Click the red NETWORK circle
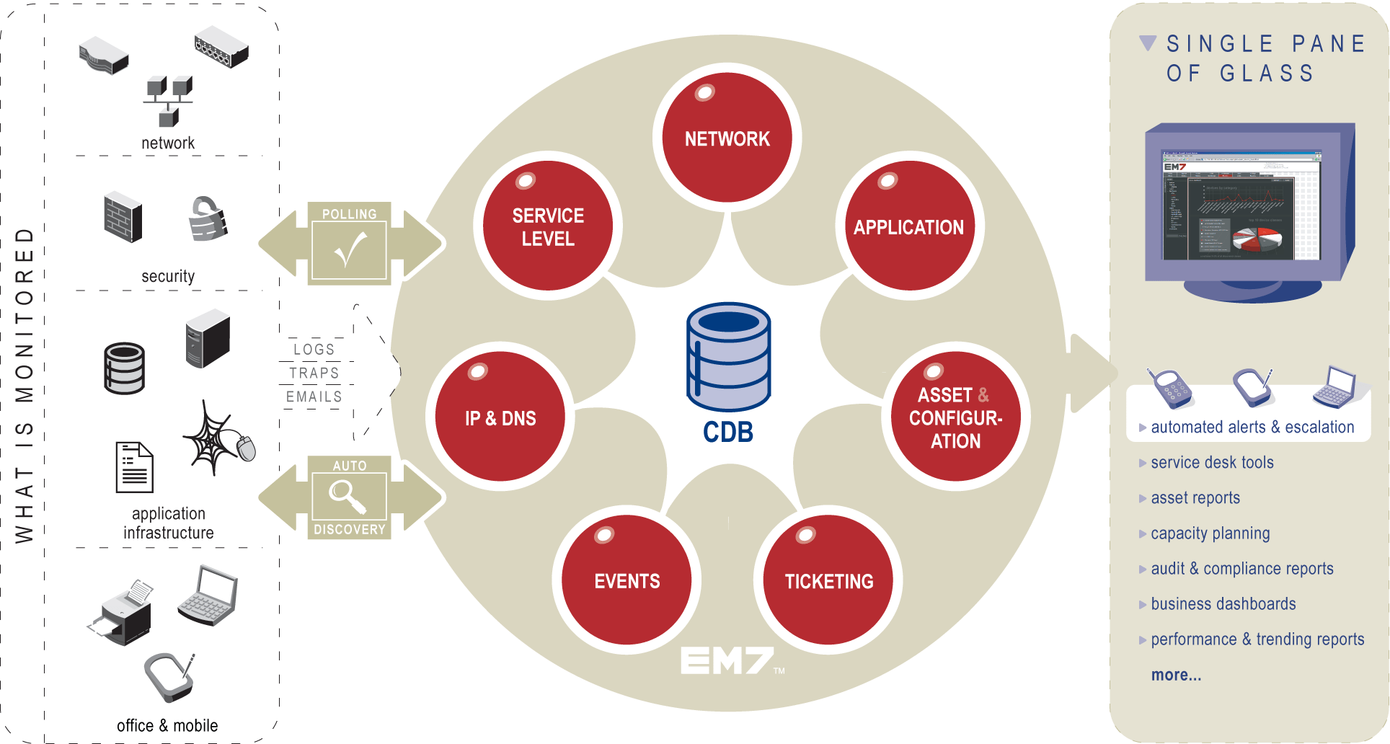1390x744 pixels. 727,138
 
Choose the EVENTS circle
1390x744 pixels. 627,580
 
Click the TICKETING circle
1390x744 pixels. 828,580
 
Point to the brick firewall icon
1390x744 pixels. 123,217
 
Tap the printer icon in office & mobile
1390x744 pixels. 123,613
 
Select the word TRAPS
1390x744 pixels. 314,373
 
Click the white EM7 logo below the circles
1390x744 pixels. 727,660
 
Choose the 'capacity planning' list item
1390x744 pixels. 1210,533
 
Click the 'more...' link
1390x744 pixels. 1176,675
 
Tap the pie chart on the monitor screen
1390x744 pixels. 1257,239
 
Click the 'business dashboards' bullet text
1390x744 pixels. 1223,604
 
